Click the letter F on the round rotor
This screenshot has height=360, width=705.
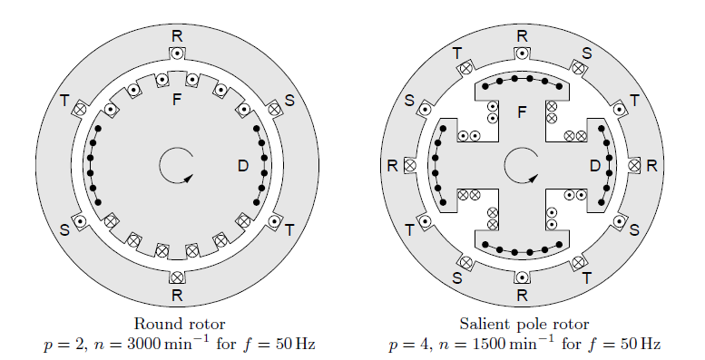click(177, 100)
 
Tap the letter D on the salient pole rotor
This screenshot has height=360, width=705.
click(595, 166)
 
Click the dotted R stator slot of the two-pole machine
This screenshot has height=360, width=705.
click(178, 53)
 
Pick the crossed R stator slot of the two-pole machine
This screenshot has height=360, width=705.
click(178, 277)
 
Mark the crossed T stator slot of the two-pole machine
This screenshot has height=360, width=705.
click(80, 109)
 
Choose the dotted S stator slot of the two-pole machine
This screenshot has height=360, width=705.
click(80, 221)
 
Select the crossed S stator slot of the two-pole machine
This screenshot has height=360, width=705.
click(274, 109)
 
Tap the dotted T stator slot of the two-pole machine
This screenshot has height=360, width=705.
click(274, 221)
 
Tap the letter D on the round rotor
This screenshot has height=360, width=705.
click(243, 166)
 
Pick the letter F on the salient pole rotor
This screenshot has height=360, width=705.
click(522, 112)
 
